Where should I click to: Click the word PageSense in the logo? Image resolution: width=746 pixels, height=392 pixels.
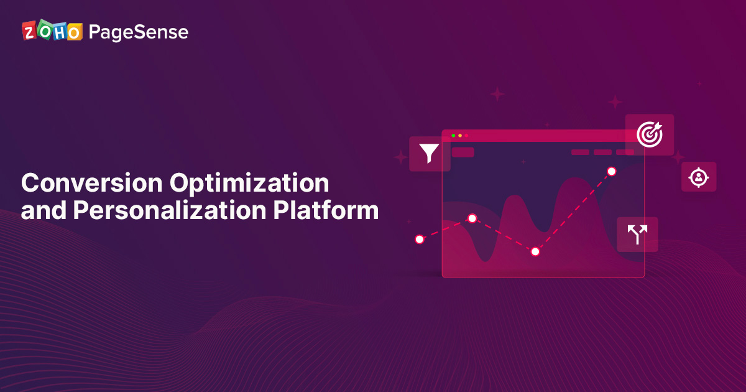(x=139, y=32)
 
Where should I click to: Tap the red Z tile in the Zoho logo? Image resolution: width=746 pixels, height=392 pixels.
(x=29, y=31)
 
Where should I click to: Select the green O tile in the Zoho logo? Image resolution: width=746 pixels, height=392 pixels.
(x=45, y=30)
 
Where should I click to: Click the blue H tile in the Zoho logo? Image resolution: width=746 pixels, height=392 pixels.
(x=60, y=32)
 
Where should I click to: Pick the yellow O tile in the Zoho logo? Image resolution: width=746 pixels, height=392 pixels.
(x=75, y=32)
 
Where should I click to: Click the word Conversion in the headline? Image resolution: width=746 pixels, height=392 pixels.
(x=91, y=183)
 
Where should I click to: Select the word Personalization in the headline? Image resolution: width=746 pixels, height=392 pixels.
(x=170, y=210)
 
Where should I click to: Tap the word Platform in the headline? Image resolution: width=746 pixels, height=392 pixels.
(x=326, y=210)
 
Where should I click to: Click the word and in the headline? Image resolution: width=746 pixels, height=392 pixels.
(x=44, y=210)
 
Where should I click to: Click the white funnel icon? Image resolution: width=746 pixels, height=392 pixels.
(x=429, y=153)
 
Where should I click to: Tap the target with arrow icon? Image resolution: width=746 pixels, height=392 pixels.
(x=650, y=134)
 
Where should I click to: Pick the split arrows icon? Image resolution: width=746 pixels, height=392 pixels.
(x=637, y=235)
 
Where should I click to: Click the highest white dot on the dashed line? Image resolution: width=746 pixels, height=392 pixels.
(x=612, y=171)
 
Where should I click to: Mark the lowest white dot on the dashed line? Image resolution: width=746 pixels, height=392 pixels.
(x=535, y=251)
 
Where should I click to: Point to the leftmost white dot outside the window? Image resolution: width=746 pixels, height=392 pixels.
(x=420, y=240)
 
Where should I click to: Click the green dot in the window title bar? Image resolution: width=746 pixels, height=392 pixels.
(x=453, y=136)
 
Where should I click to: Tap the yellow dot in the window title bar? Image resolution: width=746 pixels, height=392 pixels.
(x=460, y=136)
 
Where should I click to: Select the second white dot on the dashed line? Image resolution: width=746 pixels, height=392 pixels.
(x=472, y=218)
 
